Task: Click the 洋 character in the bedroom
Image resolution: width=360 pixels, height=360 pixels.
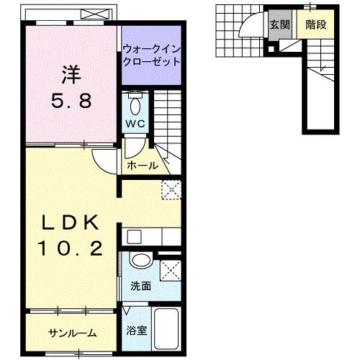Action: tap(69, 74)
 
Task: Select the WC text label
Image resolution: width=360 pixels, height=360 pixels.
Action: tap(136, 124)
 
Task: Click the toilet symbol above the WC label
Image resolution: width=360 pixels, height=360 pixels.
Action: tap(135, 105)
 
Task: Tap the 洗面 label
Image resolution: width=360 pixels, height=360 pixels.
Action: tap(140, 286)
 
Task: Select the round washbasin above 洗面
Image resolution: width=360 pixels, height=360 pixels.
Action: tap(140, 261)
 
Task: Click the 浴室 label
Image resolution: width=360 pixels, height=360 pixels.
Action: tap(136, 333)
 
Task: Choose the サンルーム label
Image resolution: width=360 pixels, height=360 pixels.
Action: tap(73, 333)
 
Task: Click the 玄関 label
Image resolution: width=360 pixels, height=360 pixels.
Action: tap(279, 24)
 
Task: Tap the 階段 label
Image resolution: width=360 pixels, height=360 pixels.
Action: tap(314, 24)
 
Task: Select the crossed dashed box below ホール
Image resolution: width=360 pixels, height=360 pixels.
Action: tap(171, 189)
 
